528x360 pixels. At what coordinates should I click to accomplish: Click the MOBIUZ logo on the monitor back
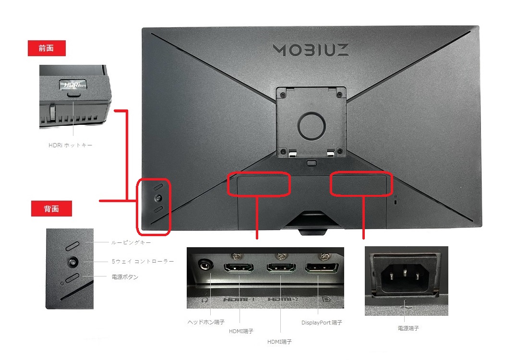pos(311,49)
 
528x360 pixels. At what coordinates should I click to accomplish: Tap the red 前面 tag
pos(47,48)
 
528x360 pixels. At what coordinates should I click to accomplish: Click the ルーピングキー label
pos(131,243)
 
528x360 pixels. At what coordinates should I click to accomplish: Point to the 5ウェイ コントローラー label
pos(143,261)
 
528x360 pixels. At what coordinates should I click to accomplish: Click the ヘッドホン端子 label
pos(206,322)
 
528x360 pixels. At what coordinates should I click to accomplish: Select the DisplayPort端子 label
pos(322,323)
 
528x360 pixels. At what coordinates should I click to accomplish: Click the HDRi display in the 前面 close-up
pos(73,84)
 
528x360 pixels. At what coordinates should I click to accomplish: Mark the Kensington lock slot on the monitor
pos(395,203)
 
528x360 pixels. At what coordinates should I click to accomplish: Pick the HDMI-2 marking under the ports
pos(281,300)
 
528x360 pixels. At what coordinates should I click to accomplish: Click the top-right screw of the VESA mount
pos(339,93)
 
